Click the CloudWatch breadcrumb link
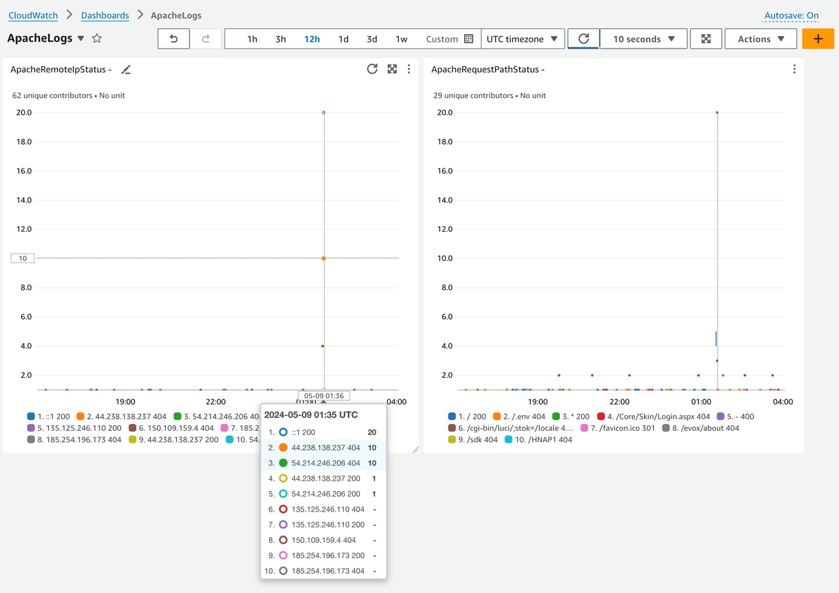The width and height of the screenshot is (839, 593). tap(33, 15)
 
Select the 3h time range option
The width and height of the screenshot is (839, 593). tap(280, 39)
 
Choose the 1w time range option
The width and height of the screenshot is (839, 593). tap(401, 39)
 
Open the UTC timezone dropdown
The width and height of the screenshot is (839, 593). tap(522, 39)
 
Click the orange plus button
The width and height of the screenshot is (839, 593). tap(818, 39)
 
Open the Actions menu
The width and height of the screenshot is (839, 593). tap(761, 39)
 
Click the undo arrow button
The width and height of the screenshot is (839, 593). tap(174, 39)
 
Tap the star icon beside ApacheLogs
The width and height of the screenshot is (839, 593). tap(97, 38)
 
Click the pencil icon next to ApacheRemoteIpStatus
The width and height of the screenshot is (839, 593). tap(126, 69)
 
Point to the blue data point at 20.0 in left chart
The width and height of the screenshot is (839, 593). tap(324, 113)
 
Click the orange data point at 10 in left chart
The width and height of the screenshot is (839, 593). tap(324, 259)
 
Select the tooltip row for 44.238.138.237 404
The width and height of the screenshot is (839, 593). tap(323, 447)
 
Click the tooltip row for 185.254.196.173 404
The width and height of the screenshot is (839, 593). tap(323, 571)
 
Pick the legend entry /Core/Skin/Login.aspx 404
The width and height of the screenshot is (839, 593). tap(653, 416)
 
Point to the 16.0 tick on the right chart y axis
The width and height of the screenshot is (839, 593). tap(445, 171)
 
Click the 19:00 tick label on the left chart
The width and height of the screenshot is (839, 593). tap(125, 402)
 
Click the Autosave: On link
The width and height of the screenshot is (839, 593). tap(791, 15)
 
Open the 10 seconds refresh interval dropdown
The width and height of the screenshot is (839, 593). tap(643, 39)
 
